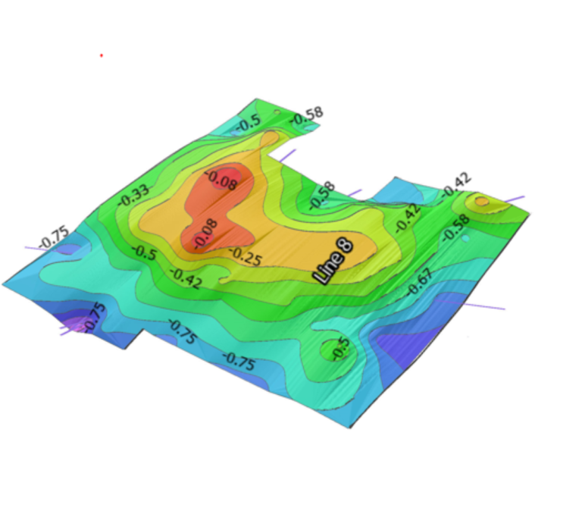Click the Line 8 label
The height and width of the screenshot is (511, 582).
pyautogui.click(x=333, y=262)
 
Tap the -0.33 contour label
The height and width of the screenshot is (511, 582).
pyautogui.click(x=134, y=196)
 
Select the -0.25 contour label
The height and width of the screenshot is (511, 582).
pyautogui.click(x=246, y=256)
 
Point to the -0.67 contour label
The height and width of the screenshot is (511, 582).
pyautogui.click(x=420, y=282)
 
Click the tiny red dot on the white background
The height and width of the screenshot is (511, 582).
pyautogui.click(x=102, y=55)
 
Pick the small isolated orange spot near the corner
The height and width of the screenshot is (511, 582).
pyautogui.click(x=481, y=202)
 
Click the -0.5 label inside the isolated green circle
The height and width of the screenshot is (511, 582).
pyautogui.click(x=341, y=349)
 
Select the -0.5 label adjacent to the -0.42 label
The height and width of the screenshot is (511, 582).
pyautogui.click(x=145, y=252)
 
